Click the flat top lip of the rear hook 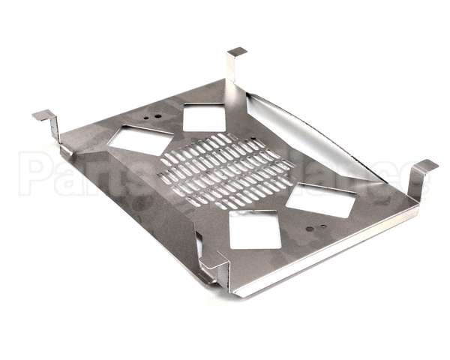237,52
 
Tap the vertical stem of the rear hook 231,70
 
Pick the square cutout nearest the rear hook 205,117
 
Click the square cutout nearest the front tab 254,229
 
